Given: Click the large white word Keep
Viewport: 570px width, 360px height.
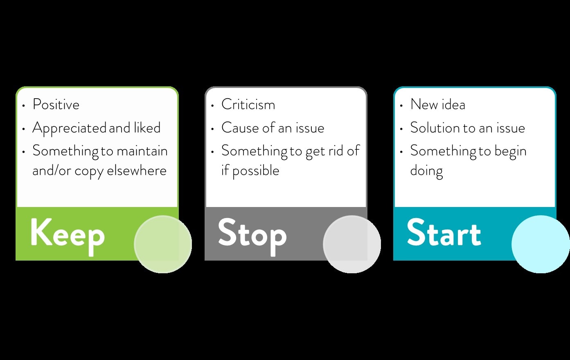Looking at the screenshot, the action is pos(68,236).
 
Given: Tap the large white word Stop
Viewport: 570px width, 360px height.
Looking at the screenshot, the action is pos(252,236).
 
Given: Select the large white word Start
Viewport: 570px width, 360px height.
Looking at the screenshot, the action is pos(444,232).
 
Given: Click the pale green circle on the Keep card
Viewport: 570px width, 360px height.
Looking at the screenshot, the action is pos(163,244).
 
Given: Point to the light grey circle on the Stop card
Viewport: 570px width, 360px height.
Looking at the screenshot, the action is pos(352,244).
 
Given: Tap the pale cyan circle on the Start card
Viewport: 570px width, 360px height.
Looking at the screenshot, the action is pos(541,244).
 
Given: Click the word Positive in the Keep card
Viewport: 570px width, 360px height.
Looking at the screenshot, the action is pos(56,104).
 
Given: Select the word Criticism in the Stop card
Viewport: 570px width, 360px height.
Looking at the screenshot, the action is pos(248,104).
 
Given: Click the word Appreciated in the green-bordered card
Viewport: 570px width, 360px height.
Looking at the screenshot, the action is pos(69,128).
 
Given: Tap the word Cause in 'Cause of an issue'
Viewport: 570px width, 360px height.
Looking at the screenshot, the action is pos(240,128).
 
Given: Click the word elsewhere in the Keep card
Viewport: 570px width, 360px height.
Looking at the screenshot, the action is pos(137,171).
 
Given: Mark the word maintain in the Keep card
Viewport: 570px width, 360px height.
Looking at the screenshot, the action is pos(142,151).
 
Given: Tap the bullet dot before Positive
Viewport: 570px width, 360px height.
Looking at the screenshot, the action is pos(23,105).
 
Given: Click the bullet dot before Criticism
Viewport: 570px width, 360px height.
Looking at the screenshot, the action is pos(212,105).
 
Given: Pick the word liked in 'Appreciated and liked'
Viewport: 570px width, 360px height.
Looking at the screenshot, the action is pos(147,128).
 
